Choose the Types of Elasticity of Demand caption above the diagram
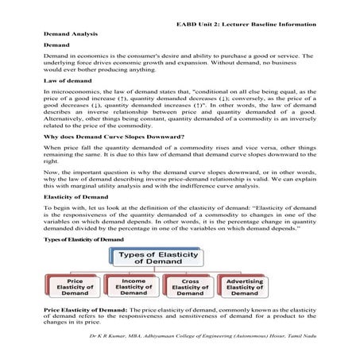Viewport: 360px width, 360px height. point(83,238)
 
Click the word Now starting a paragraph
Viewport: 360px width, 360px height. point(51,171)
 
